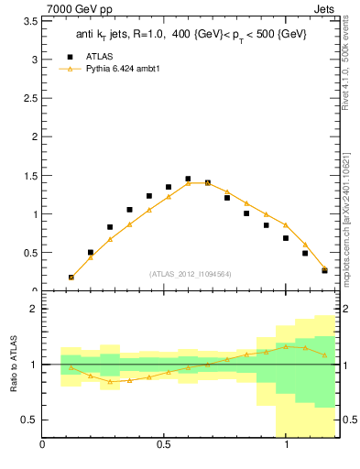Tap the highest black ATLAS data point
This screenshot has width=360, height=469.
point(188,179)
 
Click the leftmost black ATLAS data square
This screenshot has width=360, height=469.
point(71,277)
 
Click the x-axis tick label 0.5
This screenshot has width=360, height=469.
point(164,446)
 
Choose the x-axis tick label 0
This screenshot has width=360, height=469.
point(42,446)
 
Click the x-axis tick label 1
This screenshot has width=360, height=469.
point(287,446)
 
